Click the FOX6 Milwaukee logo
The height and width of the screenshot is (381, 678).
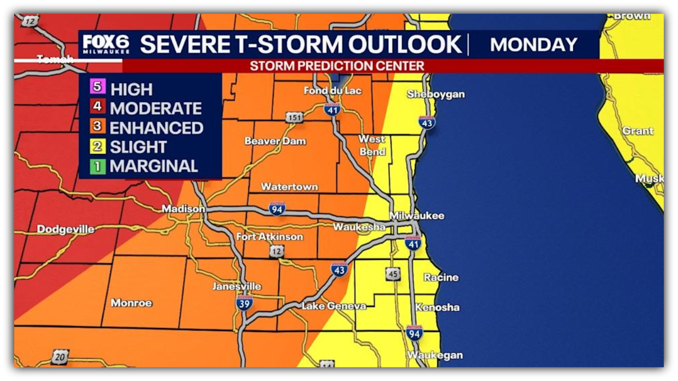[x=106, y=44]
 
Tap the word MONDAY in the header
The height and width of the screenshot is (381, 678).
[x=533, y=45]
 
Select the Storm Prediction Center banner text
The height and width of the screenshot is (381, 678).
[x=337, y=66]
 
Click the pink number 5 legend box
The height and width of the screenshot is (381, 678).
[x=97, y=86]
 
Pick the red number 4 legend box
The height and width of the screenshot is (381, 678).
[x=97, y=106]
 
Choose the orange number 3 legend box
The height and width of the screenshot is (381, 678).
[x=97, y=126]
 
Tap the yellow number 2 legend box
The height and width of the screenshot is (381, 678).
[x=97, y=146]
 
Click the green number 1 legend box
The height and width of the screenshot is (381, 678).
[x=97, y=166]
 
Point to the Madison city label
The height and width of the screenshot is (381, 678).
[x=183, y=209]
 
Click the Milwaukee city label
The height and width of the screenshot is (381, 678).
[x=417, y=216]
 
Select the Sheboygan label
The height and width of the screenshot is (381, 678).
[x=435, y=94]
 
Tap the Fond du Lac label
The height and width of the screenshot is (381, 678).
[x=333, y=90]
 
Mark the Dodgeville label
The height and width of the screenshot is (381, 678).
[x=66, y=229]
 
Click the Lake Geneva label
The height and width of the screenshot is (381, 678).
[x=334, y=306]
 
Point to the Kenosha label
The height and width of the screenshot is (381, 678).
[x=438, y=307]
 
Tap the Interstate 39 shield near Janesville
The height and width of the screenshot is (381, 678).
[x=244, y=303]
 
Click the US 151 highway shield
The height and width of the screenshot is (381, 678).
[x=295, y=117]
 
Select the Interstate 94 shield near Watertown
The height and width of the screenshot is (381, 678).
[x=276, y=208]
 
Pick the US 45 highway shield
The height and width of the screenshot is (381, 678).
[x=392, y=274]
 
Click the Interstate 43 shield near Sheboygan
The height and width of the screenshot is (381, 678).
[x=427, y=122]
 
